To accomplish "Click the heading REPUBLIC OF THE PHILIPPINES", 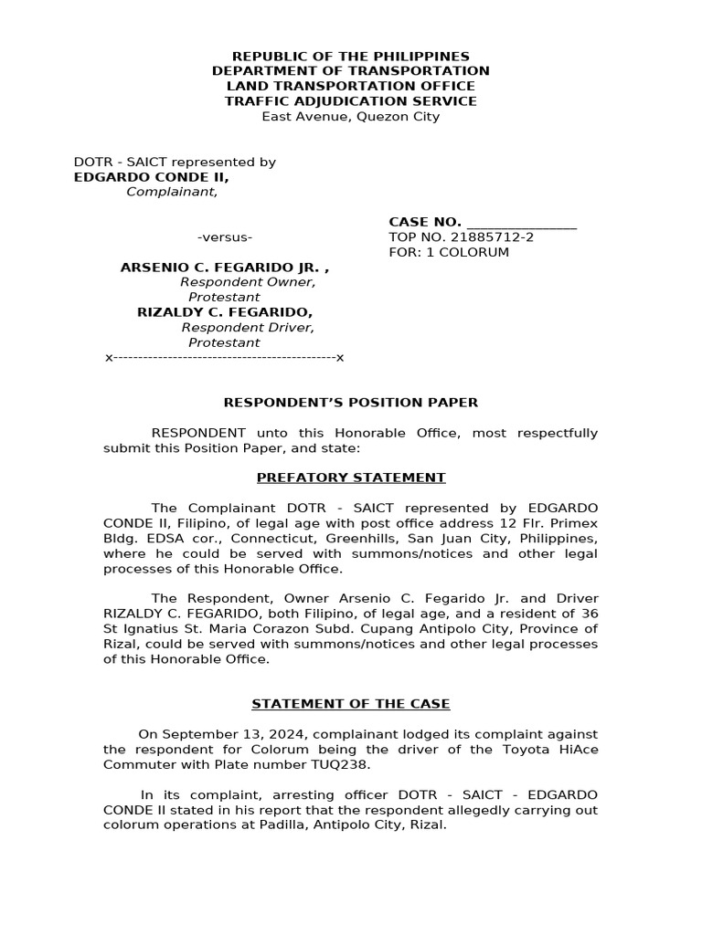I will click(350, 56).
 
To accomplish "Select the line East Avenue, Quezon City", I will click(350, 116).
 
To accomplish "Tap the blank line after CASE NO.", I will click(521, 222).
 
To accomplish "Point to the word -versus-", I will click(225, 237).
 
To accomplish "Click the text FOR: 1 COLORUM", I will click(449, 252).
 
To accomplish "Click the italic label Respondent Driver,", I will click(248, 327).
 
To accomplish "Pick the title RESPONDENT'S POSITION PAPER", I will click(351, 403).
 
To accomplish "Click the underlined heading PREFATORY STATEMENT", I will click(351, 478).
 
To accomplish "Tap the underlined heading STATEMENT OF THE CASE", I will click(351, 704).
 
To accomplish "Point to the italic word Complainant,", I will click(172, 192).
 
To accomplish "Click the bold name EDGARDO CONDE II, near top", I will click(152, 177).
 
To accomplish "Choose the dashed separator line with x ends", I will click(225, 357).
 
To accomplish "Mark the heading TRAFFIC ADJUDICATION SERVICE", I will click(350, 100).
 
